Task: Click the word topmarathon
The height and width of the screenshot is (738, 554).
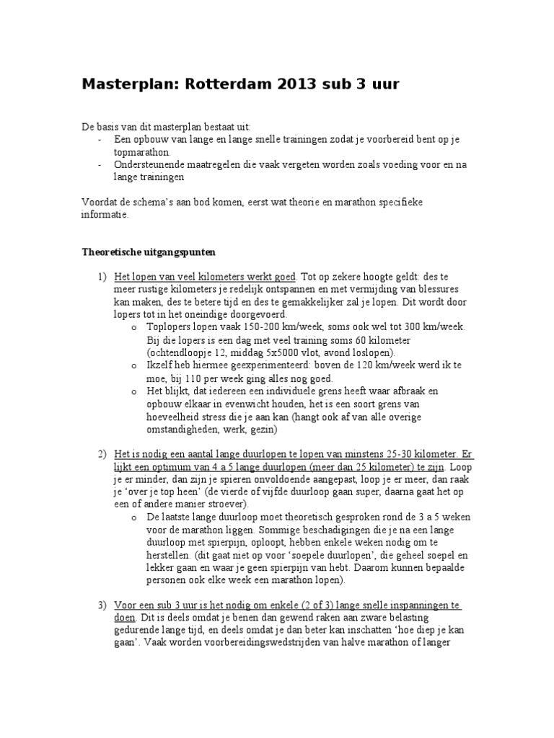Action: (x=143, y=153)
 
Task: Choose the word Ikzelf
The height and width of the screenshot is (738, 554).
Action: (x=161, y=365)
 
